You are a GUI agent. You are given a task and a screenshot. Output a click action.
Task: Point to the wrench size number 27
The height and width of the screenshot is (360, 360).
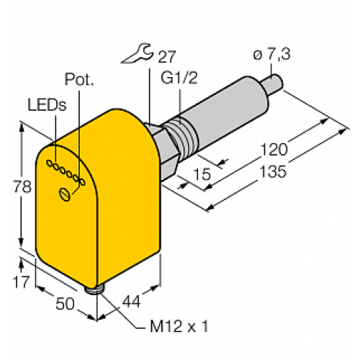click(x=165, y=58)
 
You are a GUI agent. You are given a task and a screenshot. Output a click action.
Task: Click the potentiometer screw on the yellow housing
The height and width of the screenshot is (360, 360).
click(x=66, y=193)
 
